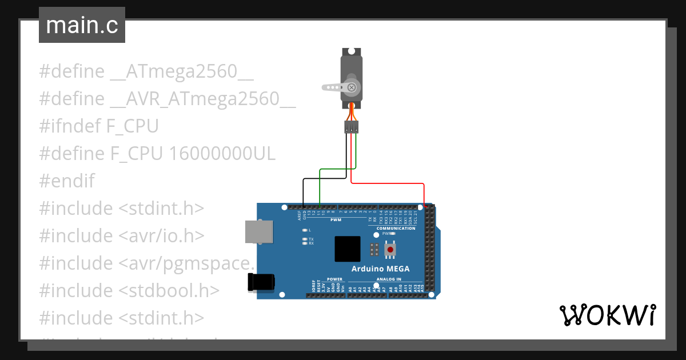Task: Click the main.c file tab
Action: (82, 26)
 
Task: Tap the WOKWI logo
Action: (607, 315)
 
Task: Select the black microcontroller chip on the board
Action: (348, 249)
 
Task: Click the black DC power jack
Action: (261, 282)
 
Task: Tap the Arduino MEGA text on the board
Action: (380, 269)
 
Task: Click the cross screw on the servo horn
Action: (352, 87)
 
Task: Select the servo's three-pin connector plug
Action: (352, 127)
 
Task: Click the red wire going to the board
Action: (389, 183)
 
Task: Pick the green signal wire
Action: (337, 169)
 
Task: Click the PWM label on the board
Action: (336, 219)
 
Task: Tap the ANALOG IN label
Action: (389, 279)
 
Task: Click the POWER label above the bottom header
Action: (334, 279)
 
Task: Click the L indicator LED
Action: (305, 230)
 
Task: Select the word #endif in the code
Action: (67, 181)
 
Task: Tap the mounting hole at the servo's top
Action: (352, 51)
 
